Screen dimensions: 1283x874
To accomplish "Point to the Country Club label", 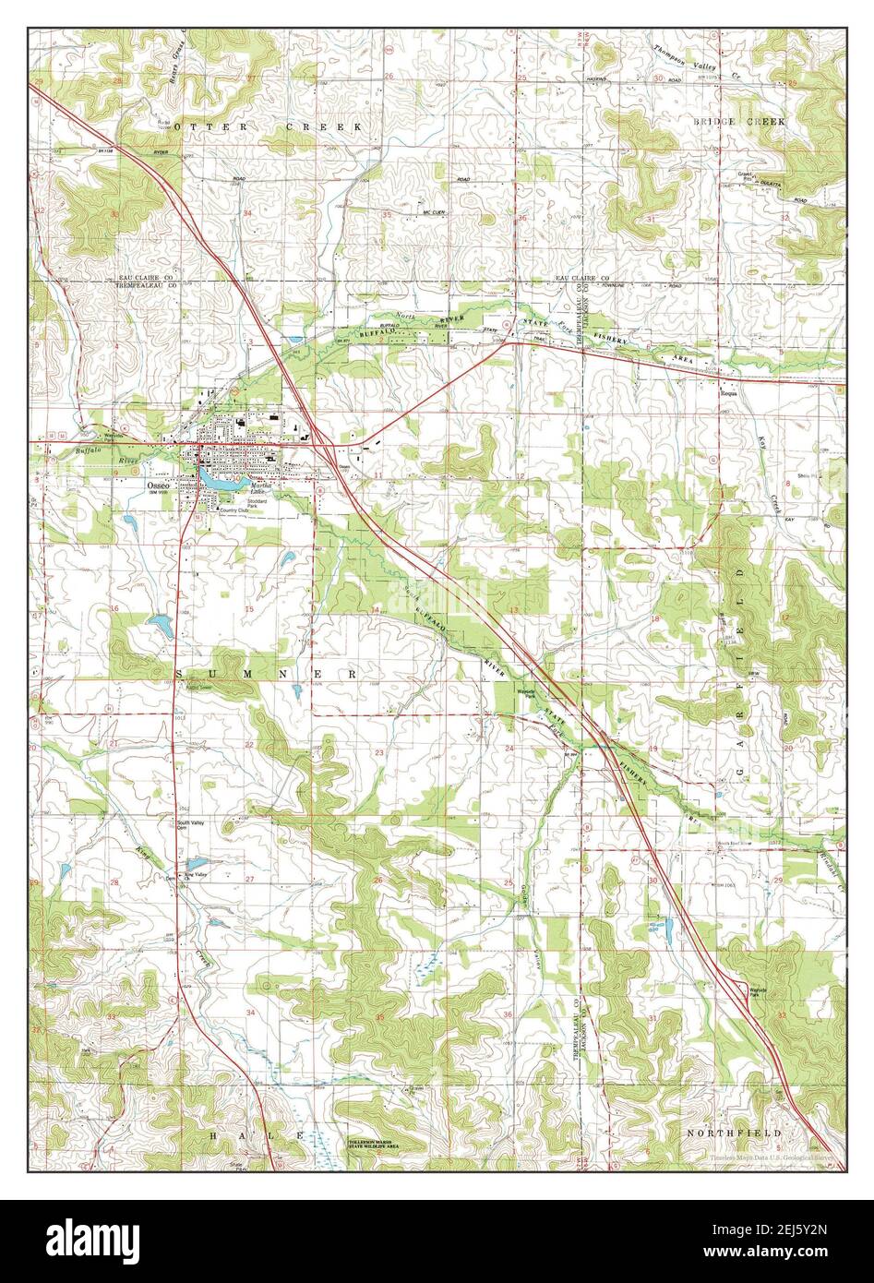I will (233, 510).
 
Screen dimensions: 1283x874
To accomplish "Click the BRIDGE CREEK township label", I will (741, 121).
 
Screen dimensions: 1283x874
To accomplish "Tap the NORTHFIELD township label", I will (735, 1132).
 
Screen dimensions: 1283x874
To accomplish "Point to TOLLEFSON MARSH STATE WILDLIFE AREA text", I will (375, 1145).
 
